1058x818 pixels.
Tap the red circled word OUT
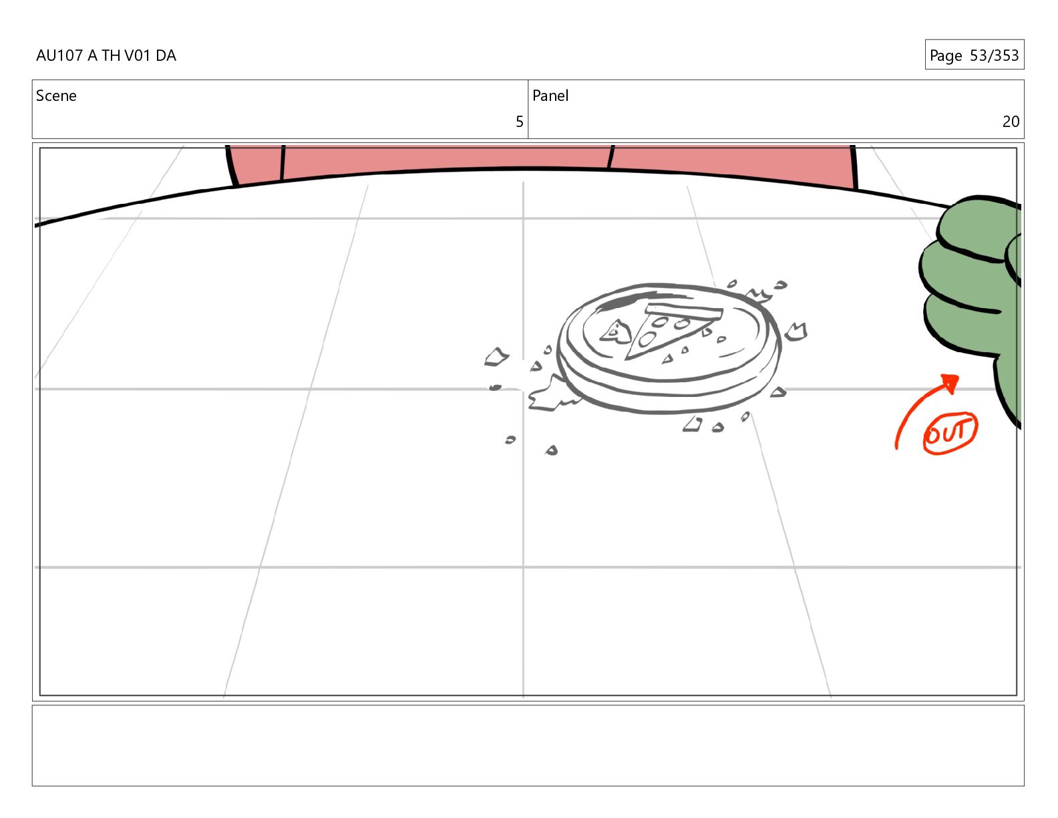point(949,432)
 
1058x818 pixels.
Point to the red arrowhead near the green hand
point(950,382)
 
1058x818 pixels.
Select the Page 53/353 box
point(975,55)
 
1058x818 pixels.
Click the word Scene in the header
point(56,96)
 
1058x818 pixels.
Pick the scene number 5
point(520,122)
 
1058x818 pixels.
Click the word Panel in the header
point(550,96)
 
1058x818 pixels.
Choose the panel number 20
point(1011,122)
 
